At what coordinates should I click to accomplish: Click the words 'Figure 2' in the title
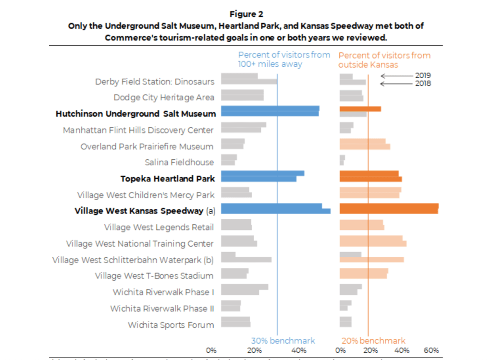tap(246, 14)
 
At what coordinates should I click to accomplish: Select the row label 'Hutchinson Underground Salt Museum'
tap(136, 114)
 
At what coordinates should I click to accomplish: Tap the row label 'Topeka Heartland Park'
tap(167, 179)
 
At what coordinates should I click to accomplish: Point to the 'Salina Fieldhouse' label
tap(179, 162)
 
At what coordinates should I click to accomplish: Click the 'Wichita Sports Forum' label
tap(171, 325)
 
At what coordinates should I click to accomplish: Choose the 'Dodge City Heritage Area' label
tap(164, 97)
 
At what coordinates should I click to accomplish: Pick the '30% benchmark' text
tap(283, 340)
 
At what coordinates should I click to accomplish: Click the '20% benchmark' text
tap(373, 340)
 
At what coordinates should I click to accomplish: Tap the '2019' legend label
tap(423, 75)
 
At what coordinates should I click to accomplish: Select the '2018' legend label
tap(423, 84)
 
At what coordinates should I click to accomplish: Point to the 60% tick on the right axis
tap(431, 351)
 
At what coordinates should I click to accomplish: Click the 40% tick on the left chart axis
tap(299, 351)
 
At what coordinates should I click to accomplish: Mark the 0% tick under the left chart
tap(211, 351)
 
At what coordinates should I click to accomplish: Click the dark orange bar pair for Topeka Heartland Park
tap(370, 176)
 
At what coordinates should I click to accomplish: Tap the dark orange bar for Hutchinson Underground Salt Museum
tap(360, 109)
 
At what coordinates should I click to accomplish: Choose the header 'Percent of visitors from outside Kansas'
tap(384, 60)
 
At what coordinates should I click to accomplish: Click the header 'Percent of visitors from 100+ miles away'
tap(284, 60)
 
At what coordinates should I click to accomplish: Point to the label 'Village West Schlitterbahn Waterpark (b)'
tap(133, 260)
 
